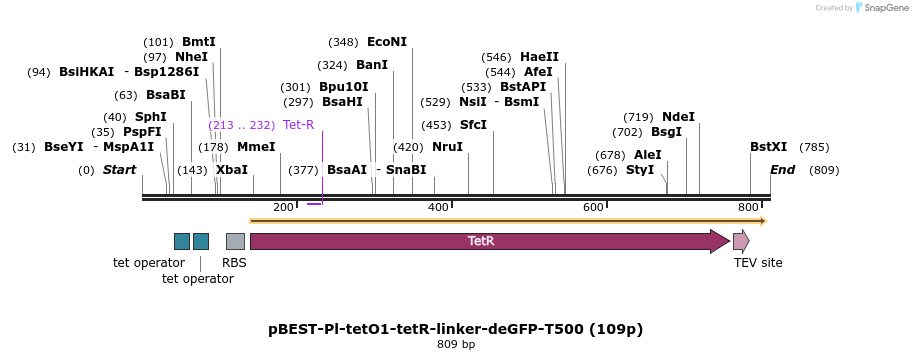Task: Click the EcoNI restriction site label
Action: tap(387, 42)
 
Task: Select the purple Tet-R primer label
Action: tap(298, 125)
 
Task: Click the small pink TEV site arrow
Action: tap(741, 241)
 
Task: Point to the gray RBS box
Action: tap(235, 241)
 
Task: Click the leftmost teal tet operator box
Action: tap(182, 241)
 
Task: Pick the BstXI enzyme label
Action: tap(768, 147)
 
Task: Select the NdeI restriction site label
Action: tap(678, 117)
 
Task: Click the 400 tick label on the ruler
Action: tap(438, 207)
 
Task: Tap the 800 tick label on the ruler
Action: tap(748, 207)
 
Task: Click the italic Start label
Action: tap(119, 170)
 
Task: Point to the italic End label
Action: tap(782, 170)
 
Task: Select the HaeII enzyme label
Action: tap(539, 57)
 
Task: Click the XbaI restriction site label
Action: tap(231, 170)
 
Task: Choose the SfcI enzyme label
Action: tap(473, 125)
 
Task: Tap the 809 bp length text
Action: tap(456, 345)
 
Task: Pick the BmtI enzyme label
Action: tap(198, 42)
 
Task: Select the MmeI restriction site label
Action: tap(256, 147)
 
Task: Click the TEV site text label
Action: tap(758, 263)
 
